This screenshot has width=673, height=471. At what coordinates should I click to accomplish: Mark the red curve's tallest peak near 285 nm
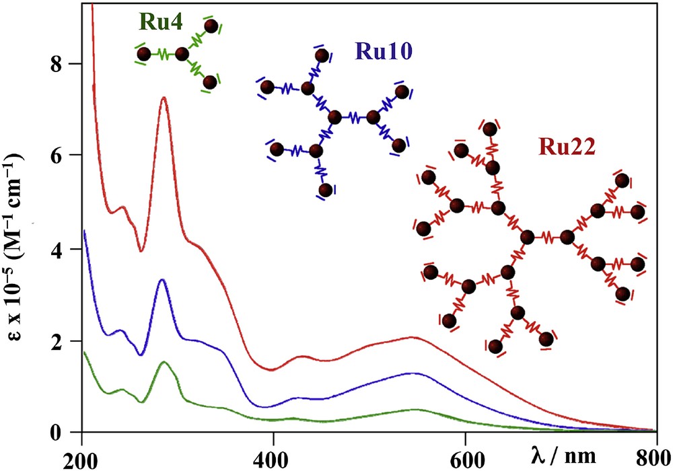coord(163,98)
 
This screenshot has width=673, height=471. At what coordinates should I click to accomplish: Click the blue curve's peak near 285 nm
coord(162,279)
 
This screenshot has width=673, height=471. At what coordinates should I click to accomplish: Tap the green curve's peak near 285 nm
coord(164,362)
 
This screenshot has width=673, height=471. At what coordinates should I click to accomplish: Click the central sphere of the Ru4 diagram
coord(182,55)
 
